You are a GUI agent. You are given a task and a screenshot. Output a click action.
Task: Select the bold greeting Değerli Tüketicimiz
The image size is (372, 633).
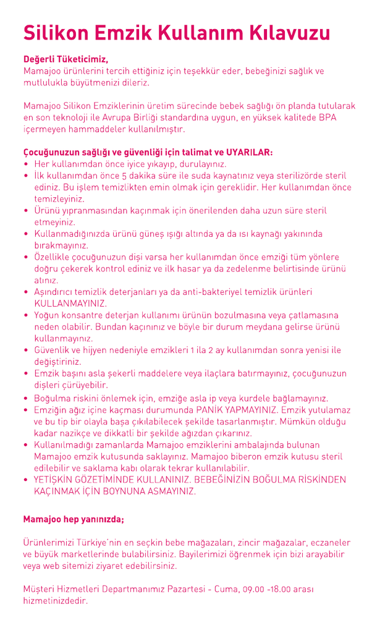click(x=66, y=60)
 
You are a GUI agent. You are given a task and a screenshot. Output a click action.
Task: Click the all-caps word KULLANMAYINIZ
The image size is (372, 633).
click(x=70, y=304)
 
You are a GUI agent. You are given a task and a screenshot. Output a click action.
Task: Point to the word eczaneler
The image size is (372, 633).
click(x=328, y=542)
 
